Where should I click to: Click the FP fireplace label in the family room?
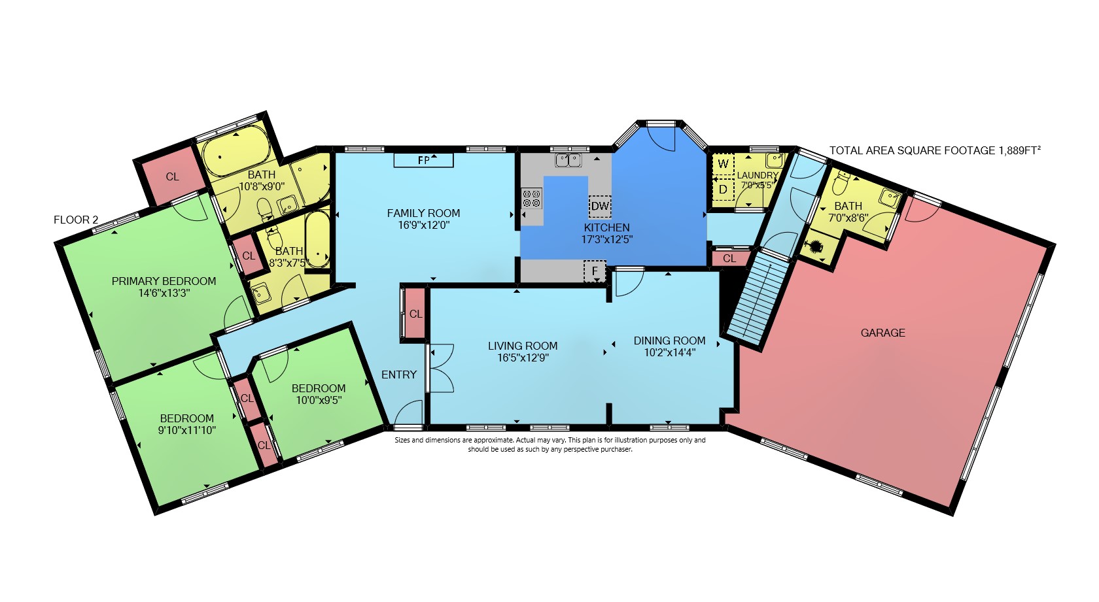(423, 160)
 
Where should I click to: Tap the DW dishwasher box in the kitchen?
(599, 207)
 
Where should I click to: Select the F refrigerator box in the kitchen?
(595, 271)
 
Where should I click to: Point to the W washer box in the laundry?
(723, 164)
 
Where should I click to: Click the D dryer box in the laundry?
(723, 190)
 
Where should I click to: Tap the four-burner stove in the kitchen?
(531, 199)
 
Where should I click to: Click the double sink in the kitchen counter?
(568, 159)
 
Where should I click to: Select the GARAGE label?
(882, 333)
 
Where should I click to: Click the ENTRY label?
(399, 375)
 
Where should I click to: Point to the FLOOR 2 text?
(76, 220)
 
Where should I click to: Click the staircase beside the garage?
(753, 299)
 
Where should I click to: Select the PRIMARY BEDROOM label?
(164, 281)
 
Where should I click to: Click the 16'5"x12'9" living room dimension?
(523, 358)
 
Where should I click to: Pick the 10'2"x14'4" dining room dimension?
(669, 352)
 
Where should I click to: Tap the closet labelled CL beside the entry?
(415, 314)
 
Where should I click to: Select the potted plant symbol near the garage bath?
(816, 246)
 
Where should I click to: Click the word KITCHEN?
(606, 227)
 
